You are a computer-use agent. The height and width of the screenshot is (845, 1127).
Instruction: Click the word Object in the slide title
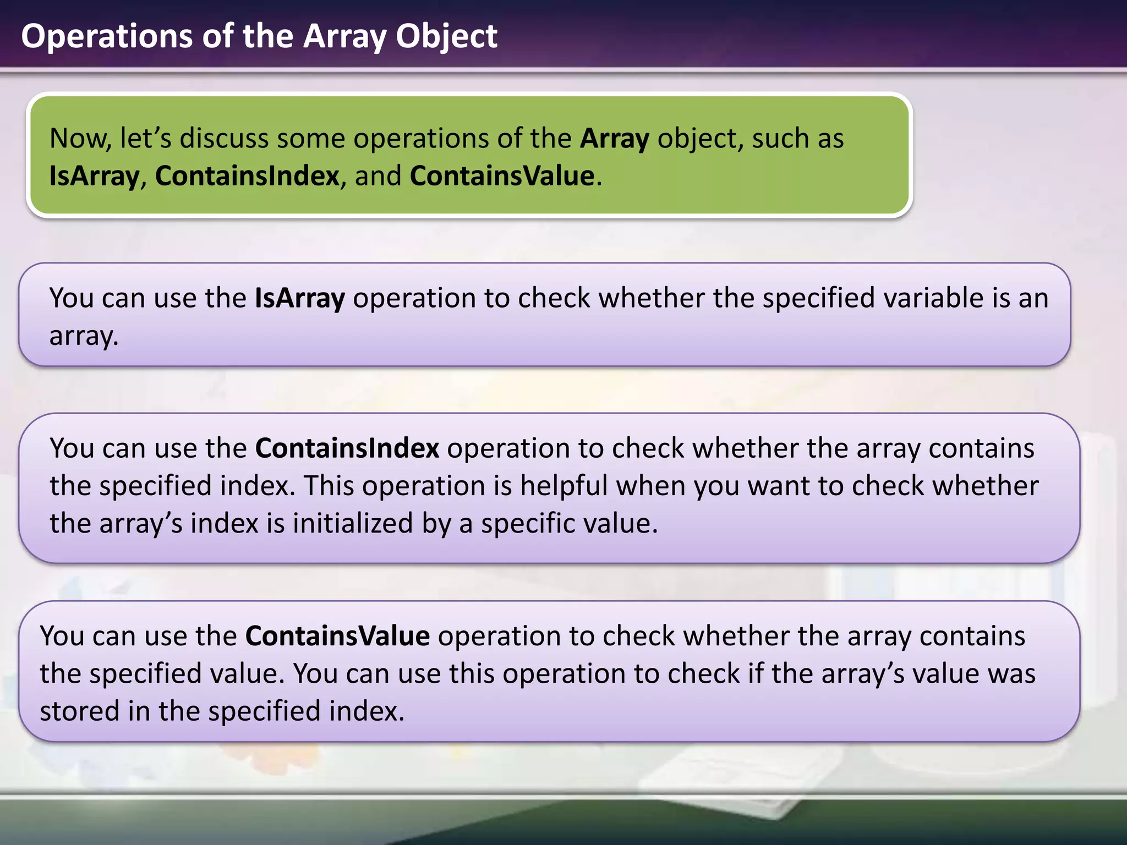point(446,36)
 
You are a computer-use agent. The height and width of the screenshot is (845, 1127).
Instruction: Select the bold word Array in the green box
point(614,139)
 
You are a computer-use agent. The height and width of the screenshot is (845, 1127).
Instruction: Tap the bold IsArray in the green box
point(94,177)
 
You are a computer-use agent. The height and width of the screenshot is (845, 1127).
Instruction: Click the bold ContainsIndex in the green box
point(247,177)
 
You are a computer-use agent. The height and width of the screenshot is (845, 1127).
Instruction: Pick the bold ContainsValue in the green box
point(502,177)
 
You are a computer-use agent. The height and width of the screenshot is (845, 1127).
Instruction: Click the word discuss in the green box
point(224,139)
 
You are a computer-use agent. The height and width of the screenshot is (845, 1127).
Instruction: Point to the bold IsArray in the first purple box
point(299,298)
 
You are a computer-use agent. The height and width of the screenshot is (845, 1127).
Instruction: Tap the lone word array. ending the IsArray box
point(84,336)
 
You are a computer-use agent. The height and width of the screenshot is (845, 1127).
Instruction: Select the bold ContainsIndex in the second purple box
point(347,448)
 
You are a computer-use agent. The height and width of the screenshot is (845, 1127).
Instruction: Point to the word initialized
point(352,524)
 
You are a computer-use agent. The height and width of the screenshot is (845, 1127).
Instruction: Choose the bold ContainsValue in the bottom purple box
point(337,637)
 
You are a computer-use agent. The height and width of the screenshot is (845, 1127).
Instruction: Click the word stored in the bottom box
point(80,711)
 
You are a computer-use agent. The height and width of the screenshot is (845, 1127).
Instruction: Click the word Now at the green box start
point(80,139)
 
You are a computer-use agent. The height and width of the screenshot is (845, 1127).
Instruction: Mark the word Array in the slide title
point(344,36)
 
